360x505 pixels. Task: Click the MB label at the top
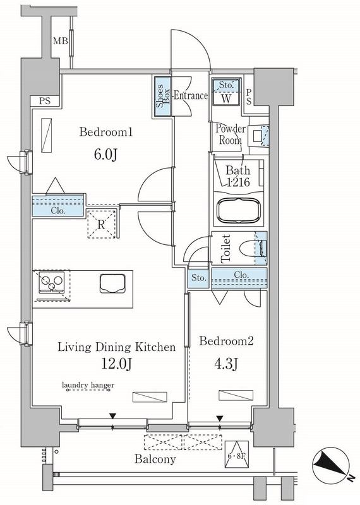(60, 41)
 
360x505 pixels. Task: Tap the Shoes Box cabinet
(162, 97)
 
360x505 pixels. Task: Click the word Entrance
(190, 96)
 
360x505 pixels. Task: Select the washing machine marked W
(226, 92)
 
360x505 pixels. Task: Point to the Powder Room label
(231, 134)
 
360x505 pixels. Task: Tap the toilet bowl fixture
(253, 248)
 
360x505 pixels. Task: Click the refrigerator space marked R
(101, 224)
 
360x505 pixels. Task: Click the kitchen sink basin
(112, 283)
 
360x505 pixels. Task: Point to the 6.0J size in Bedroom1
(105, 155)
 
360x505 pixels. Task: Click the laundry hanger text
(88, 385)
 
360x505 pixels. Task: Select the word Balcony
(155, 459)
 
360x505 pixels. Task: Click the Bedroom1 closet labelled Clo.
(58, 206)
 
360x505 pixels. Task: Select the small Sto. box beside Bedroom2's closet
(199, 277)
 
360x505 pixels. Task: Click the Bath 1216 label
(238, 176)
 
